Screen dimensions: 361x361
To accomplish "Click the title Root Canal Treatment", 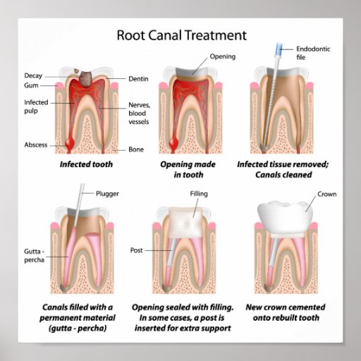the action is pos(181,35).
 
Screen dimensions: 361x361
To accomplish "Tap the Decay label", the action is pos(33,75).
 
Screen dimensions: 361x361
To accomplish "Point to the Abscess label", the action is pos(36,145).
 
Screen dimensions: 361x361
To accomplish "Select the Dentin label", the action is pos(138,79).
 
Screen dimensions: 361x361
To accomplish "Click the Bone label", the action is pos(136,149).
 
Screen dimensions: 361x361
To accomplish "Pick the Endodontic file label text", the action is pos(313,53).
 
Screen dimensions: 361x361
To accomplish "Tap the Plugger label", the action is pos(107,194).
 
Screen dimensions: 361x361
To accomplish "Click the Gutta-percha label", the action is pos(35,256).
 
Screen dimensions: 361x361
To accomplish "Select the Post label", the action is pos(136,250).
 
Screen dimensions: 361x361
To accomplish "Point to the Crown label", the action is pos(327,194).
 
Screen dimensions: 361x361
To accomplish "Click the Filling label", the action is pos(199,194).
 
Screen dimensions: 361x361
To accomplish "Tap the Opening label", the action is pos(223,56).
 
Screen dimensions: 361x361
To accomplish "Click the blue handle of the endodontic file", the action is pos(279,50).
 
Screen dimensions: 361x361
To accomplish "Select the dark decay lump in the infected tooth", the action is pos(85,78).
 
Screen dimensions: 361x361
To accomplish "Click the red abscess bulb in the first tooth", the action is pos(70,142).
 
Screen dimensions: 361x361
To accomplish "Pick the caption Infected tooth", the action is pos(86,164).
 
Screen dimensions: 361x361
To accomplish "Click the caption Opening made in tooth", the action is pos(188,169).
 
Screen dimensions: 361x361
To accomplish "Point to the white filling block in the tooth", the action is pos(185,223).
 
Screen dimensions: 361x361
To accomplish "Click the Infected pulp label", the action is pos(36,106).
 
